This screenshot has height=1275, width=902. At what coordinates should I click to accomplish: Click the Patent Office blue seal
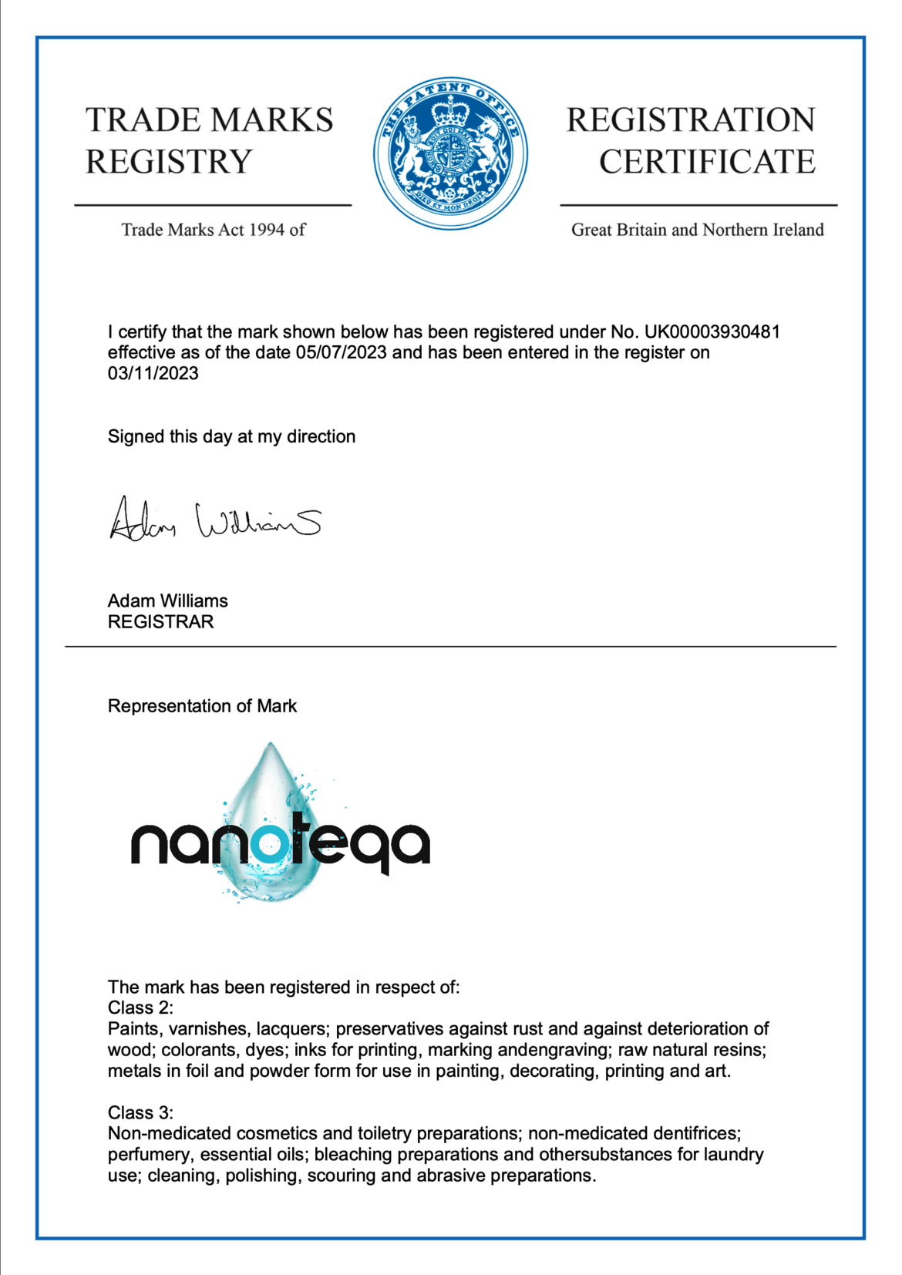point(451,153)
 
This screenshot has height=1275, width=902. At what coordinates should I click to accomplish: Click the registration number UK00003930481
point(712,332)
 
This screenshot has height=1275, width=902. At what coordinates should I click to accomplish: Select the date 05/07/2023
point(341,353)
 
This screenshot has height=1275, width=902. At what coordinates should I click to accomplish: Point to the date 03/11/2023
point(153,374)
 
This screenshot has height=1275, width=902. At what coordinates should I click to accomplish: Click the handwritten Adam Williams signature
point(215,519)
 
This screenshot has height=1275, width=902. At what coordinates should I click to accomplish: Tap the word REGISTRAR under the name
point(160,622)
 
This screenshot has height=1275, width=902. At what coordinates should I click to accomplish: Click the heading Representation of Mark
point(202,706)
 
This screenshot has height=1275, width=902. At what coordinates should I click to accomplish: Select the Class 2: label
point(140,1008)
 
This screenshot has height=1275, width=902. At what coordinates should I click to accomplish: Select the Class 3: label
point(140,1113)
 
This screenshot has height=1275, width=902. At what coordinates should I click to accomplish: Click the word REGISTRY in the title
point(169,162)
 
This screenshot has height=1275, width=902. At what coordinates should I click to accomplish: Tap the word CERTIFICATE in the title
point(707,162)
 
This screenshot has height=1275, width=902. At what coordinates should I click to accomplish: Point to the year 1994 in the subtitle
point(267,230)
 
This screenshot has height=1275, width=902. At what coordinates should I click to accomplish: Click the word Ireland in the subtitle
point(799,230)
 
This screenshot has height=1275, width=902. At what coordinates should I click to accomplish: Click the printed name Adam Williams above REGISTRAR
point(167,601)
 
